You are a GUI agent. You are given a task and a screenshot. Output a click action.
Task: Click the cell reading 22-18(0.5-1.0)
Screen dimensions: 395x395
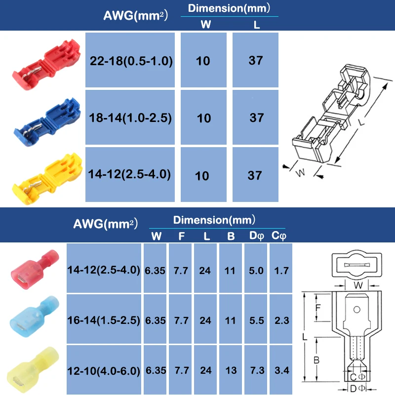(x=131, y=61)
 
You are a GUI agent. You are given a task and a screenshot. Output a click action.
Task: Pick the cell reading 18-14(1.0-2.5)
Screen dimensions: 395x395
(x=131, y=118)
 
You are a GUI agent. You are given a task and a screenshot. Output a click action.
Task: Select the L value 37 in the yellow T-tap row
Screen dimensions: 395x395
(x=255, y=175)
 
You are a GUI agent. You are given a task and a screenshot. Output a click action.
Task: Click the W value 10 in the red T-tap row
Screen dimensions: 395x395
(x=203, y=61)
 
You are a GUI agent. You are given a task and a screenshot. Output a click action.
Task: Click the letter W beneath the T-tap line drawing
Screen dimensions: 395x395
(x=300, y=173)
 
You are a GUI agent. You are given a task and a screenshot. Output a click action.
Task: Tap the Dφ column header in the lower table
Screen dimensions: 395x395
(x=256, y=236)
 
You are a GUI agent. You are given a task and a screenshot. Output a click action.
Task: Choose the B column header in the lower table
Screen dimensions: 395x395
(x=231, y=236)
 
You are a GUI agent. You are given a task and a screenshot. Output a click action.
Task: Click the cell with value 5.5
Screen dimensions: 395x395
(x=256, y=320)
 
